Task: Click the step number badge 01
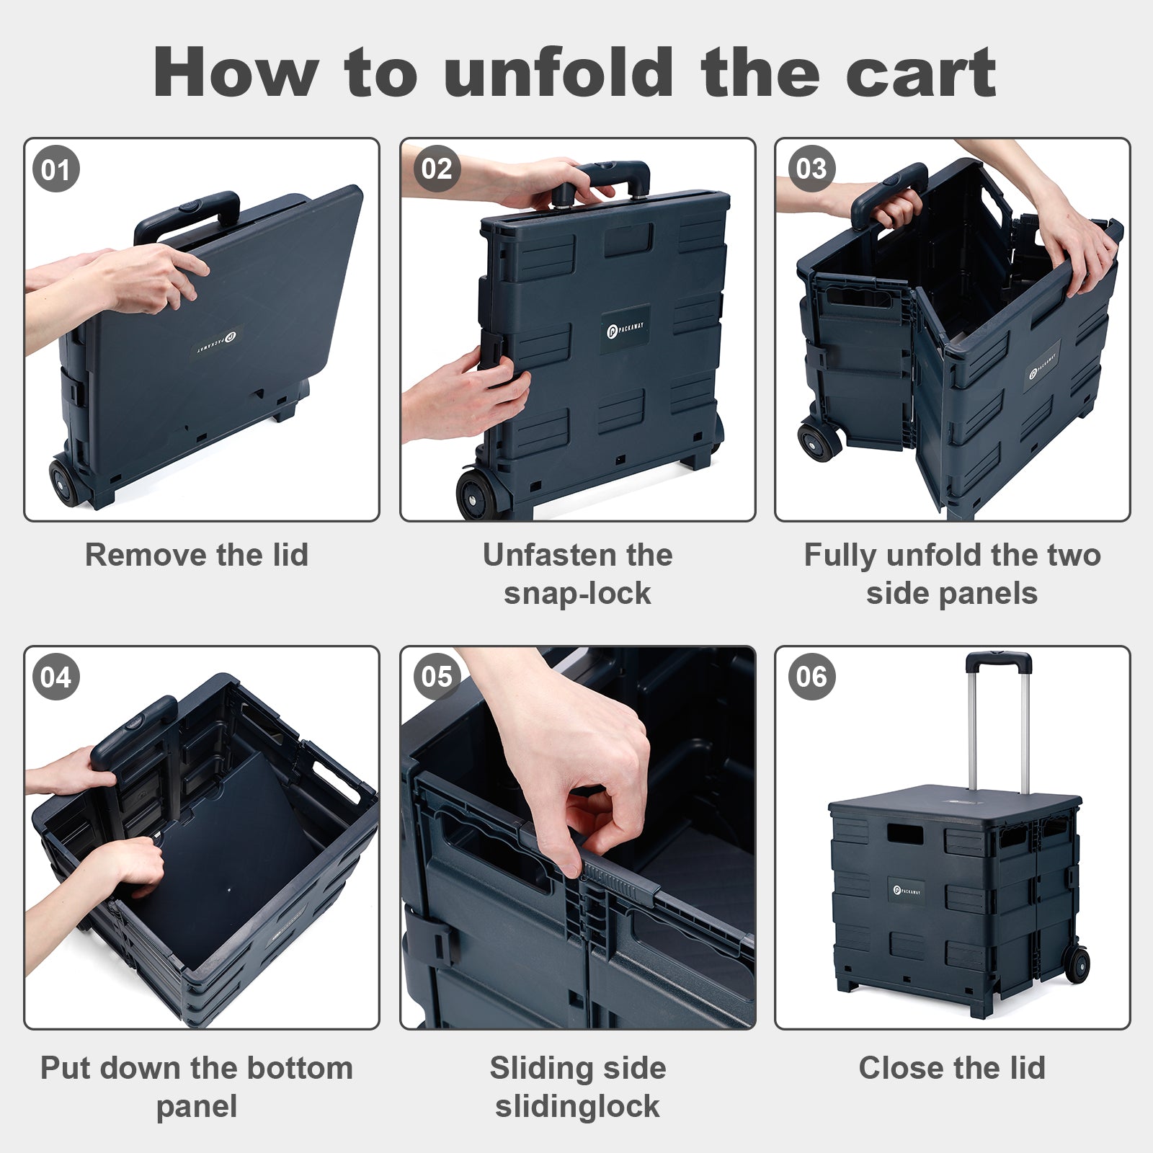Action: pyautogui.click(x=56, y=170)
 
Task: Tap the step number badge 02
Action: pyautogui.click(x=437, y=169)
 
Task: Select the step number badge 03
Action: pyautogui.click(x=811, y=169)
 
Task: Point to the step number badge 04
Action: pyautogui.click(x=56, y=677)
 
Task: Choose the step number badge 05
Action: pyautogui.click(x=437, y=677)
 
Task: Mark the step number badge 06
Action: pyautogui.click(x=811, y=677)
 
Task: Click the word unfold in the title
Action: pyautogui.click(x=558, y=71)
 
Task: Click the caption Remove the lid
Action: pyautogui.click(x=197, y=555)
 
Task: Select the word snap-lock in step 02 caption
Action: pyautogui.click(x=577, y=594)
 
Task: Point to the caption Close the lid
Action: pyautogui.click(x=952, y=1067)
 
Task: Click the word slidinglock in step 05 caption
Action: pyautogui.click(x=577, y=1106)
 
